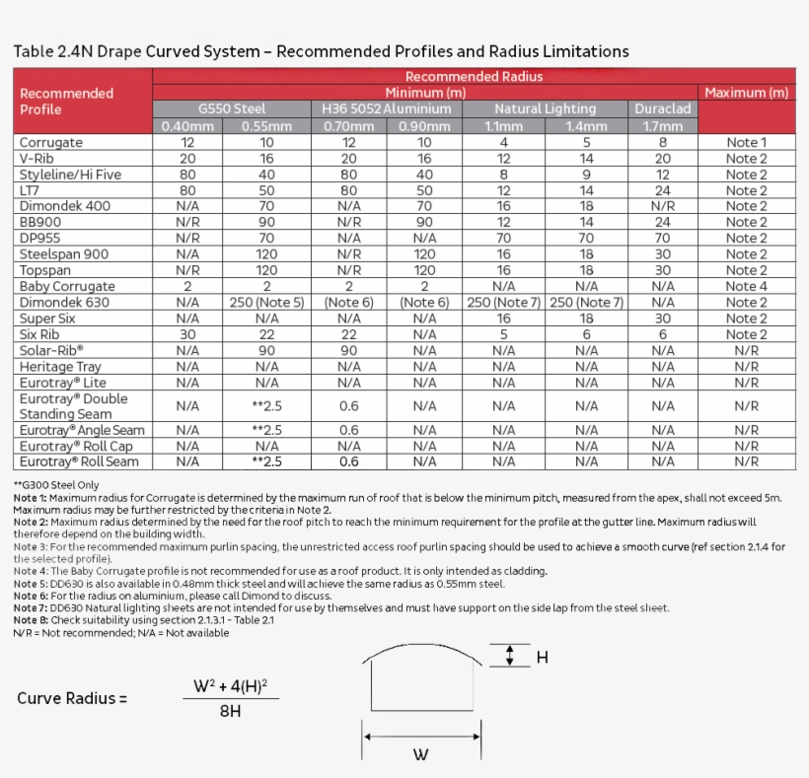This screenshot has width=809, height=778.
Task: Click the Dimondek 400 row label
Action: [65, 206]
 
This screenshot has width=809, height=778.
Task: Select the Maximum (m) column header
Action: [746, 93]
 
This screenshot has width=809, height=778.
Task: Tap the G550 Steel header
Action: [232, 108]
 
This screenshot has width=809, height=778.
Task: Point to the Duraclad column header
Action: [662, 108]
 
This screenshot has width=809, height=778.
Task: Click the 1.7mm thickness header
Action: [662, 126]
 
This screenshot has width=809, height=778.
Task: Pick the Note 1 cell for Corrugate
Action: [746, 142]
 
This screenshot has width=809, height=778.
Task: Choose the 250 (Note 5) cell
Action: [266, 303]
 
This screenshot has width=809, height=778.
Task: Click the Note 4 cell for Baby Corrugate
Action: [746, 286]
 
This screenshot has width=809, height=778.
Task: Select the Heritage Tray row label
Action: [60, 367]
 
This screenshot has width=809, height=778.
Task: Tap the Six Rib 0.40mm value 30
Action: [187, 334]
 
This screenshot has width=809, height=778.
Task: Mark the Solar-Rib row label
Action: [51, 350]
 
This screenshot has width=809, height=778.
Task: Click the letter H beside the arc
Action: [542, 657]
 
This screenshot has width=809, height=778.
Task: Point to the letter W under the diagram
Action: [421, 755]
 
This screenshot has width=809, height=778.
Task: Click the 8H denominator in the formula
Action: [230, 710]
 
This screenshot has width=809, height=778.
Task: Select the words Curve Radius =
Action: [72, 698]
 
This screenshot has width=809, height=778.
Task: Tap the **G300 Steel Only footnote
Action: [56, 485]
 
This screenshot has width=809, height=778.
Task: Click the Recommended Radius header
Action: [474, 76]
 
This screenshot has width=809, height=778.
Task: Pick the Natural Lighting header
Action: [545, 108]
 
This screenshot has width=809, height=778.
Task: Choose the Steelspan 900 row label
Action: [65, 254]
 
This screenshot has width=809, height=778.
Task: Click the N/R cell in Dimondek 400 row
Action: [662, 206]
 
